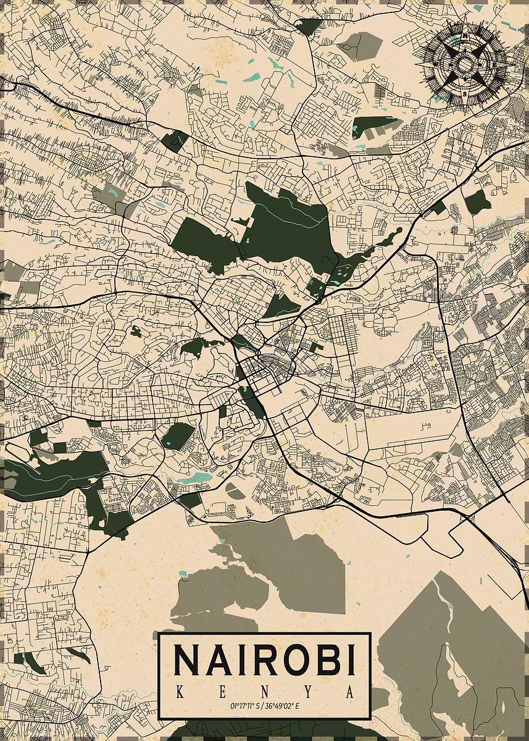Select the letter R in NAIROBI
click(257, 659)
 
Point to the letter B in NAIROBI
click(323, 659)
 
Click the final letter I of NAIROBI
click(349, 659)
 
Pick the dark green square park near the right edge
click(477, 202)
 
